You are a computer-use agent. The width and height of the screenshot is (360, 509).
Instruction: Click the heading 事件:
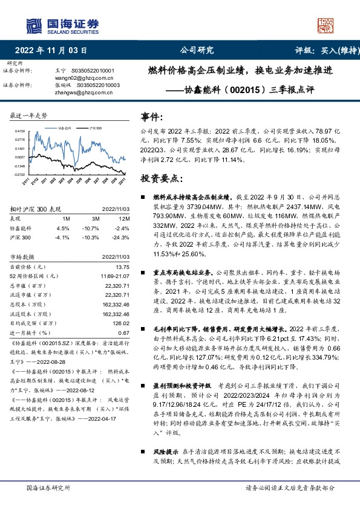[x=151, y=116]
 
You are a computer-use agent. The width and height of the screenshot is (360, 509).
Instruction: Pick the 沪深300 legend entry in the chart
[x=94, y=128]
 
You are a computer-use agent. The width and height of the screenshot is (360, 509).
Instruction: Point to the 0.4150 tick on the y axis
[x=19, y=131]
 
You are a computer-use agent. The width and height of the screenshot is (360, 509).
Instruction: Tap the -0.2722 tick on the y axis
[x=19, y=174]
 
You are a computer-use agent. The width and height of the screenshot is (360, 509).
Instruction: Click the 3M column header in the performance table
[x=96, y=218]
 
